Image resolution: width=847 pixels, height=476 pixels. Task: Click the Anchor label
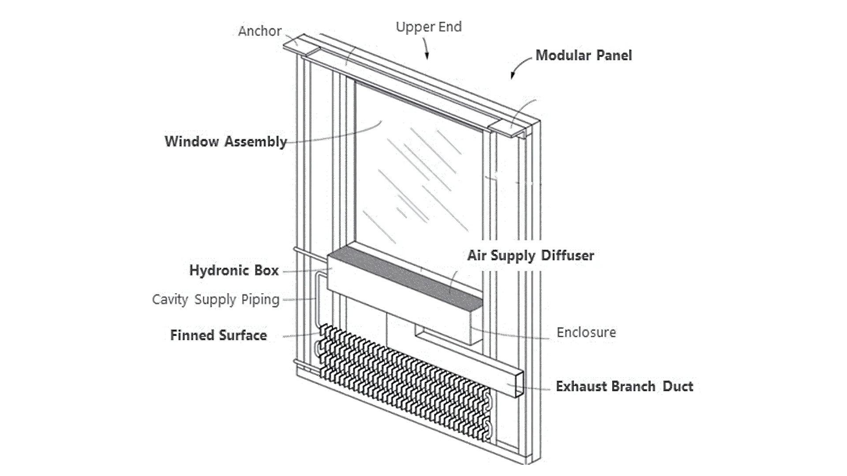pos(259,31)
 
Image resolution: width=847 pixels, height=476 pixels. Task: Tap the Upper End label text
pos(428,27)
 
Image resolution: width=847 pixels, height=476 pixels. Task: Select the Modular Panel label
pos(583,56)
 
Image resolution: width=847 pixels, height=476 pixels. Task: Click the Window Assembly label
pos(225,141)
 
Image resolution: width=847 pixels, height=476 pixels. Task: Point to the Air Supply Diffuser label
pos(530,256)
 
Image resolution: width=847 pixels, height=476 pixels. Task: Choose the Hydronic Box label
pos(234,270)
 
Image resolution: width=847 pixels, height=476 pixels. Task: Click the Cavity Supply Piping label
pos(215,300)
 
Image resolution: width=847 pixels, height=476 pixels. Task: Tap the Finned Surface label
pos(218,335)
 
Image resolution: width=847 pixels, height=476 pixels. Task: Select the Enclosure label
pos(586,332)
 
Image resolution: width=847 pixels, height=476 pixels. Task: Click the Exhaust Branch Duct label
pos(624,387)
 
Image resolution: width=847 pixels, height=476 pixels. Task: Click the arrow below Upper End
pos(426,48)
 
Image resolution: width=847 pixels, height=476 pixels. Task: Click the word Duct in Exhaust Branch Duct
pos(678,387)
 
